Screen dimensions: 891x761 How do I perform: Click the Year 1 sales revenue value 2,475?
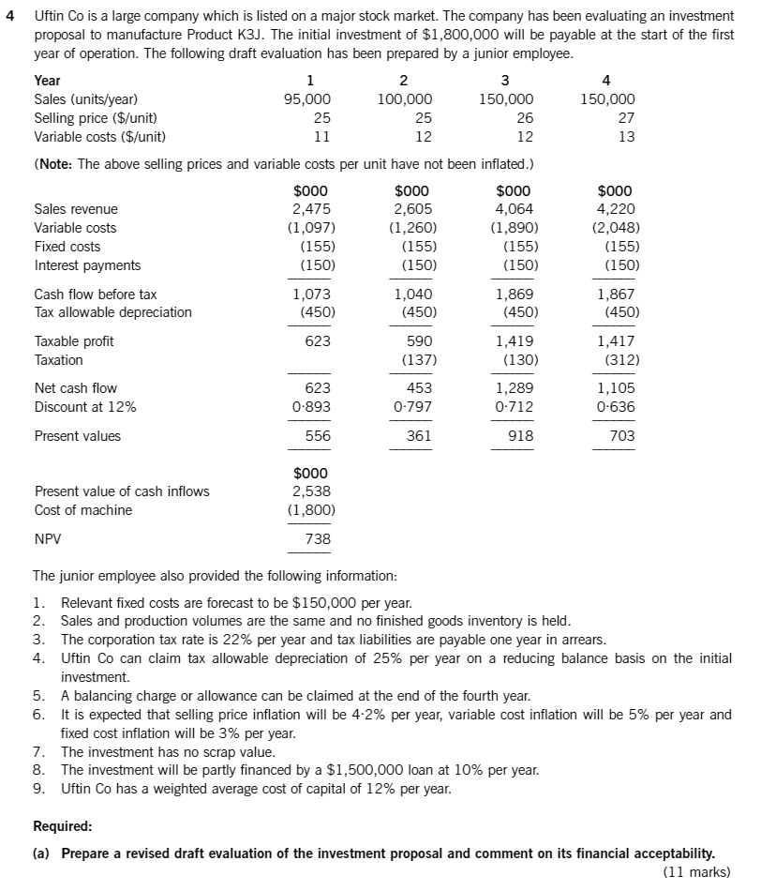[311, 209]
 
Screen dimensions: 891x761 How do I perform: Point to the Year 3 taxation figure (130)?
[515, 360]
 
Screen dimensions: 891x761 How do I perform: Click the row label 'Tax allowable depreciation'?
[112, 312]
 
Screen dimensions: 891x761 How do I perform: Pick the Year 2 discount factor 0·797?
[412, 407]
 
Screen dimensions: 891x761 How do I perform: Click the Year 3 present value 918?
[520, 436]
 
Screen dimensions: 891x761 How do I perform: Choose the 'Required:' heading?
[63, 827]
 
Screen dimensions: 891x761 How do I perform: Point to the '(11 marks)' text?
[695, 872]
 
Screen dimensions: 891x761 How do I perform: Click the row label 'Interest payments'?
[87, 265]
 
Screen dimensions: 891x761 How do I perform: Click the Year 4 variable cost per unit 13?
[626, 137]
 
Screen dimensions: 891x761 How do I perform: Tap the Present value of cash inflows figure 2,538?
[311, 491]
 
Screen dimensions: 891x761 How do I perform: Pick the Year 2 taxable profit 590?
[418, 341]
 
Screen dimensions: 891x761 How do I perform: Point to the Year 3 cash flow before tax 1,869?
[515, 294]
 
